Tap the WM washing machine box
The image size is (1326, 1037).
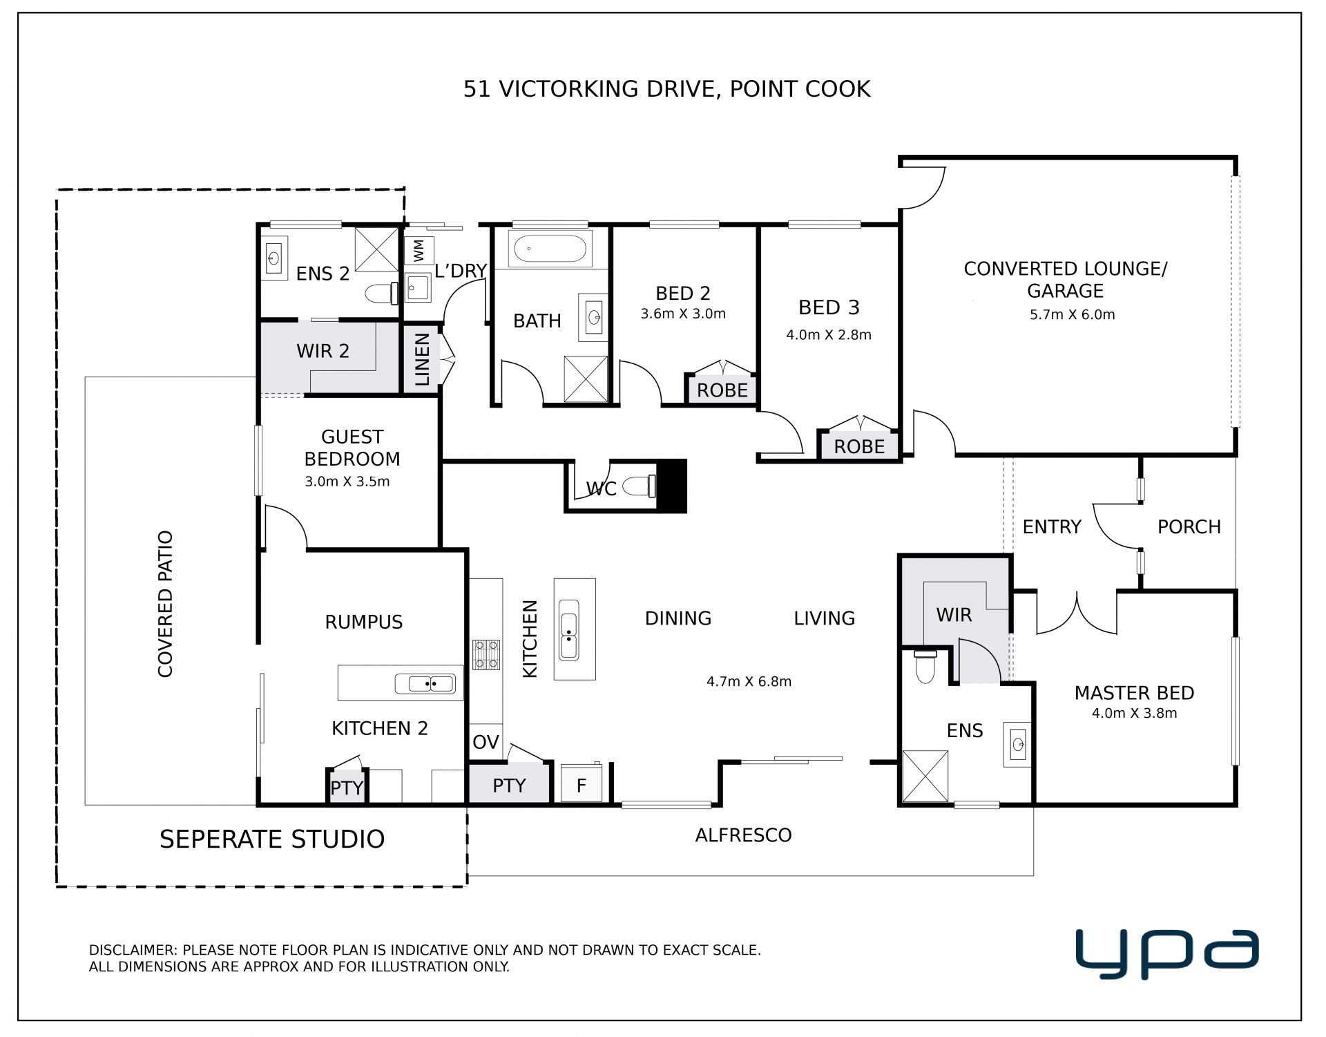coord(419,251)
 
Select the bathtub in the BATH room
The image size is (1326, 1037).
coord(550,249)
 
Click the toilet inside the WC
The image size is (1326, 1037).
coord(640,486)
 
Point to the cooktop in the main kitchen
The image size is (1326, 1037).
coord(486,655)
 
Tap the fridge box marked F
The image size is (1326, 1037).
coord(581,783)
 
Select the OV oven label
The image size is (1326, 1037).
coord(486,742)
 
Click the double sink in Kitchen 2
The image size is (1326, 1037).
coord(425,684)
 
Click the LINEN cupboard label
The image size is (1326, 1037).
coord(422,359)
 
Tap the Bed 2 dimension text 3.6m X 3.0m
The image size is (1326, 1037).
coord(683,314)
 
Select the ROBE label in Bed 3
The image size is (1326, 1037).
coord(859,446)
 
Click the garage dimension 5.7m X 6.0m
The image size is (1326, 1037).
coord(1072,315)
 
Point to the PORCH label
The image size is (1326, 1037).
coord(1189,526)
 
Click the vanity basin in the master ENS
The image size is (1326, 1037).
coord(1018,744)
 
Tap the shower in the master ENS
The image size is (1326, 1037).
coord(925,777)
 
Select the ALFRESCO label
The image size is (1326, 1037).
coord(743,835)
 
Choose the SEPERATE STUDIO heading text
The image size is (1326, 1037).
coord(272,839)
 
